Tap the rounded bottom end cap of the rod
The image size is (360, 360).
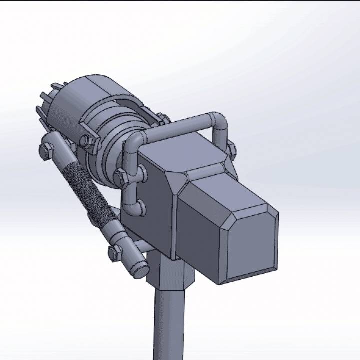tap(140, 270)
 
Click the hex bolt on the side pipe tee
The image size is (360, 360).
tap(121, 177)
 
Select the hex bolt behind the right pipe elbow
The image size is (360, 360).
tap(231, 149)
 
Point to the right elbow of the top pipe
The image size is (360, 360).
tap(219, 122)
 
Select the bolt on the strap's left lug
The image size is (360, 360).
tap(86, 140)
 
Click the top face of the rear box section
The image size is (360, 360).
tap(185, 150)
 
